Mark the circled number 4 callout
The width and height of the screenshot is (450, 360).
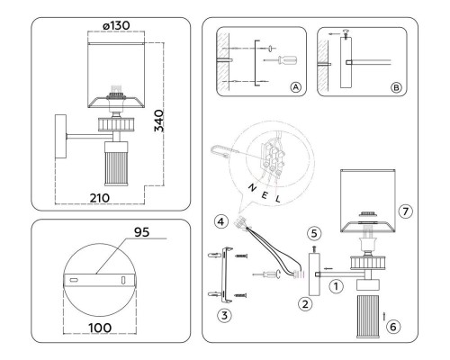pyautogui.click(x=219, y=220)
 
